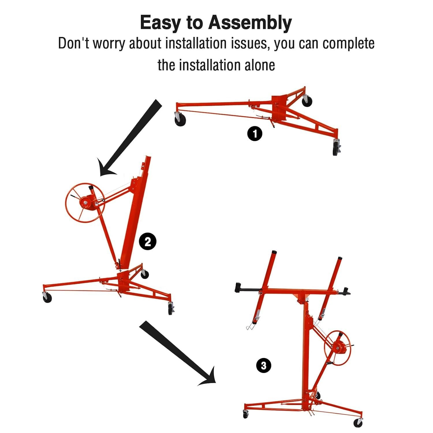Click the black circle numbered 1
(255, 134)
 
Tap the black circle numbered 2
(148, 242)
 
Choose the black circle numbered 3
(264, 366)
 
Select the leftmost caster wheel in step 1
(180, 120)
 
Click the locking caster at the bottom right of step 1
(336, 148)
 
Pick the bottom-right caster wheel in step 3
(358, 422)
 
